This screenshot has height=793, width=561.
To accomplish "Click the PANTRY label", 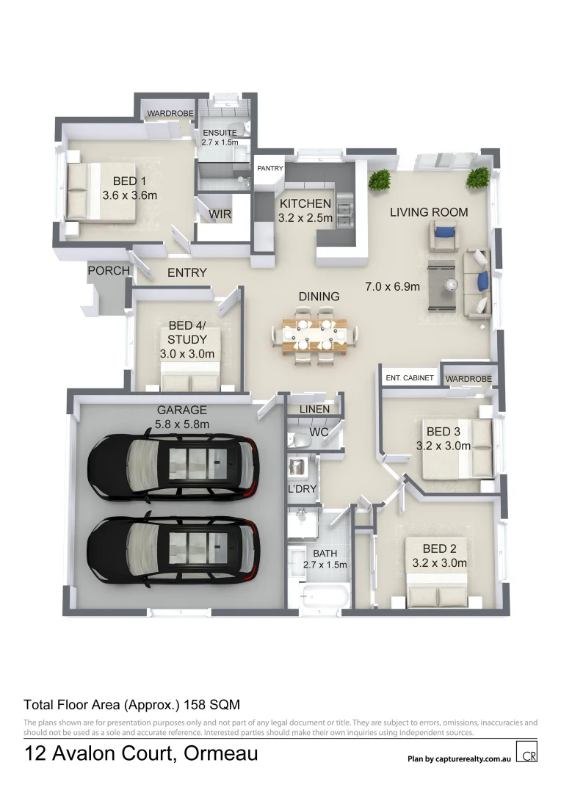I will click(x=270, y=168).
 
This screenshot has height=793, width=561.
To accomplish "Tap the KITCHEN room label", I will click(x=305, y=204).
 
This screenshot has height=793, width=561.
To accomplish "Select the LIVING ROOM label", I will click(x=429, y=212).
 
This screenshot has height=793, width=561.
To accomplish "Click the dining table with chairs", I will click(x=315, y=336).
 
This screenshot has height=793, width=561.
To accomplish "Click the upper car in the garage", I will click(x=173, y=464).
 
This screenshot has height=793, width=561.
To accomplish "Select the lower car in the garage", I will click(x=173, y=547).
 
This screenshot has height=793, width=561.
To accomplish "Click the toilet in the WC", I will click(x=300, y=440).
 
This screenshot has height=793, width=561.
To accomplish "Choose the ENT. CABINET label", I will click(x=410, y=378).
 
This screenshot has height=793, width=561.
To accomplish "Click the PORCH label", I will click(x=109, y=271).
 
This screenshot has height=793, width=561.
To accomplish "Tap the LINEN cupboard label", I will click(x=313, y=409).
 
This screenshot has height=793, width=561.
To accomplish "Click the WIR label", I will click(x=220, y=214).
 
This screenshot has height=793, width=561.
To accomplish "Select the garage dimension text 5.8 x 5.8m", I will click(x=182, y=424).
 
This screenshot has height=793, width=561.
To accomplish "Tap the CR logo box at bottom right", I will click(x=526, y=753).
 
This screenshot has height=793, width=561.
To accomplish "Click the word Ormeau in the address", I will click(x=221, y=753).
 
